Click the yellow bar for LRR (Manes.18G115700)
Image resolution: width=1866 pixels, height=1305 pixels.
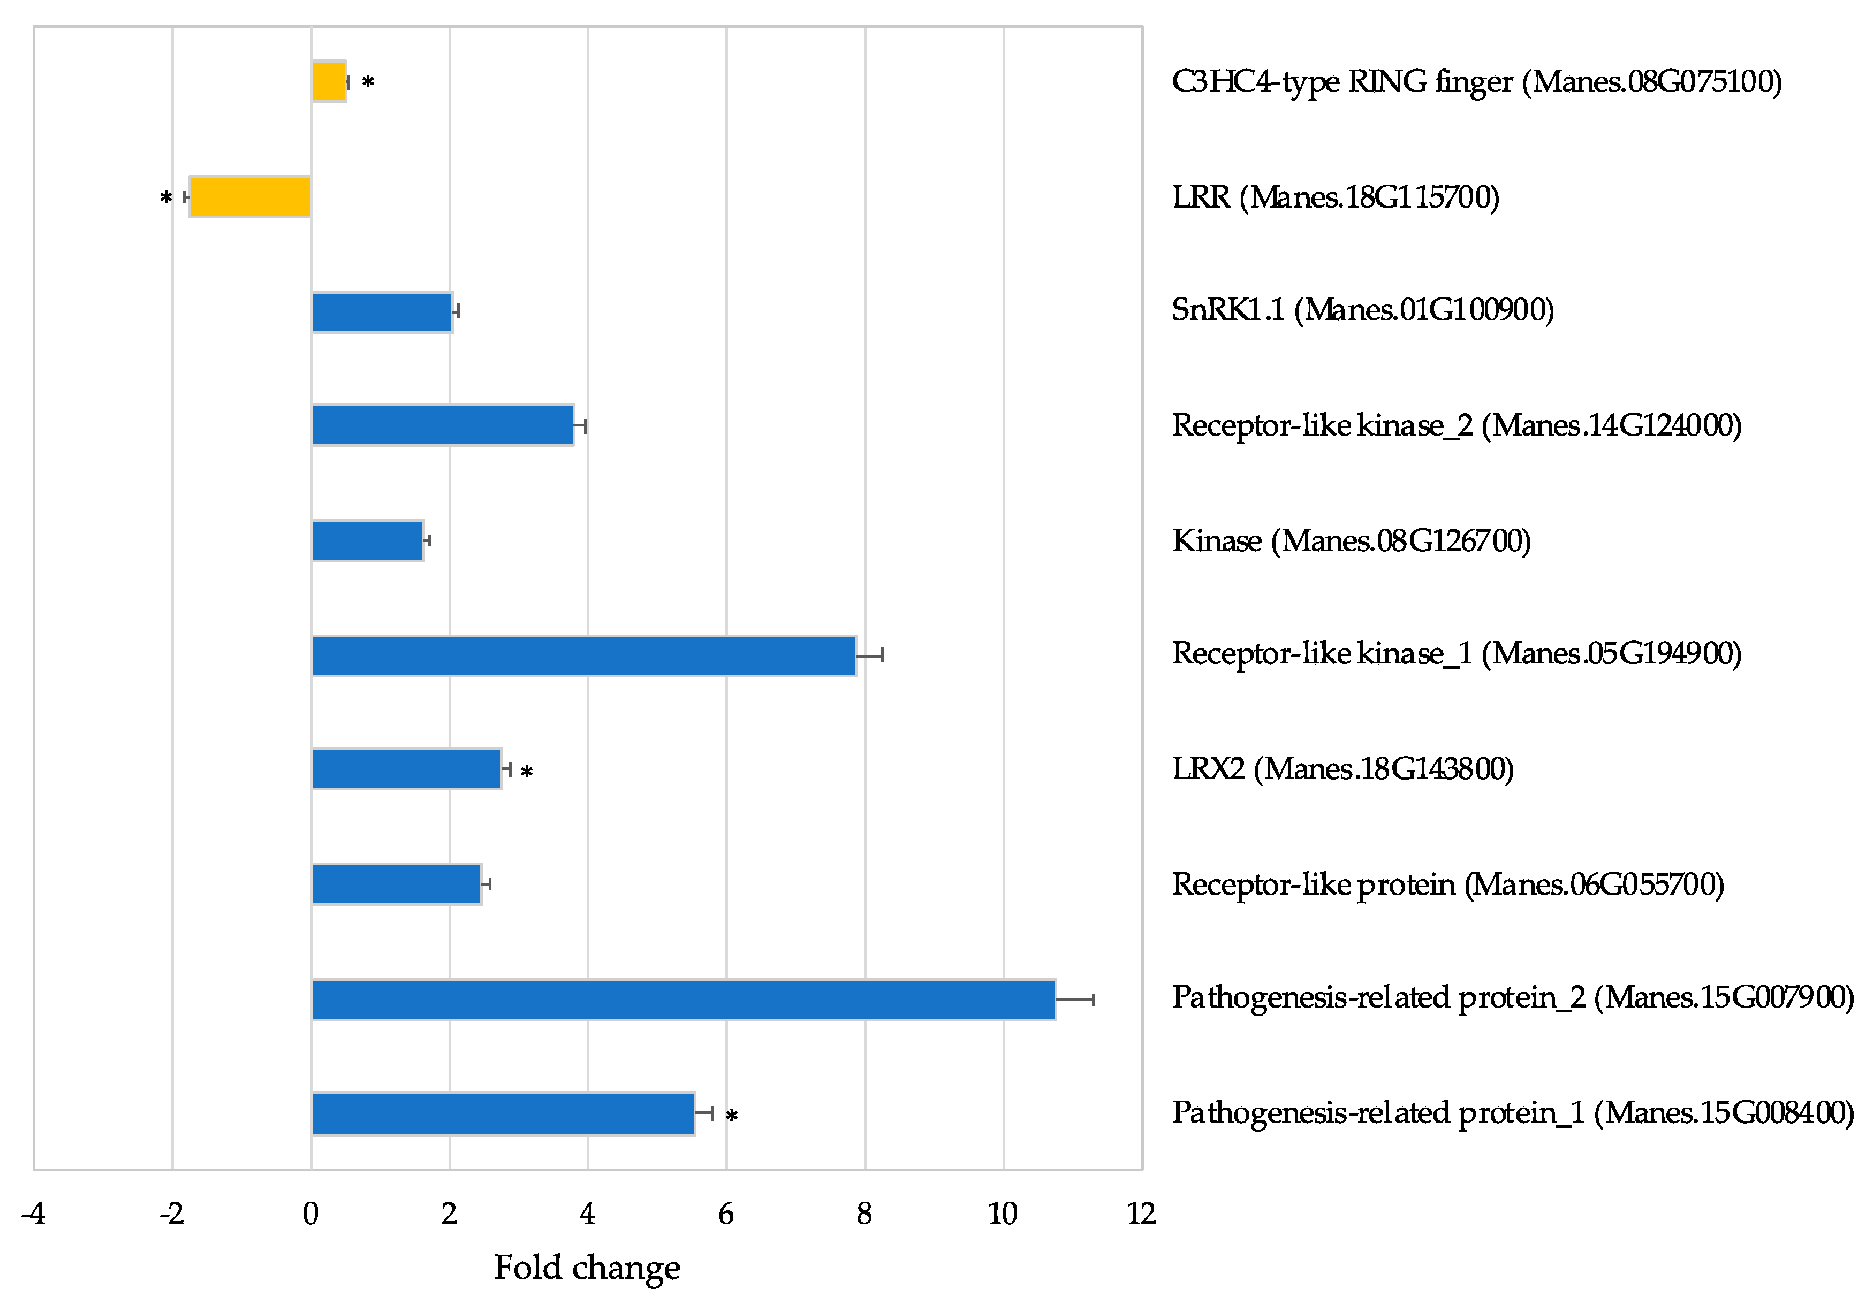click(x=249, y=197)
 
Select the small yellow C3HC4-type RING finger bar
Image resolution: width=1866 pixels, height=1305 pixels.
click(x=328, y=81)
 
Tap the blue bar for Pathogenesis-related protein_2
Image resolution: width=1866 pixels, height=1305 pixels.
click(x=682, y=999)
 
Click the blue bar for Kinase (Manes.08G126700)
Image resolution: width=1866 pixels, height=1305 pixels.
click(x=367, y=540)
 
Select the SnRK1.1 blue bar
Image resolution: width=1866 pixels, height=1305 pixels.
click(x=381, y=312)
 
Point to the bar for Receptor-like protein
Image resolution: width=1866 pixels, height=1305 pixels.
click(x=396, y=884)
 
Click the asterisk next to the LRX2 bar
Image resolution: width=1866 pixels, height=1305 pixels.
click(x=527, y=772)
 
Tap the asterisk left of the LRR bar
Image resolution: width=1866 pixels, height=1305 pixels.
click(x=166, y=197)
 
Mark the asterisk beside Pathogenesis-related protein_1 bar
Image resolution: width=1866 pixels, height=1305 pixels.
click(x=731, y=1116)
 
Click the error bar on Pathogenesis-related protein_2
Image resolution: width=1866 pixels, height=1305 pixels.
click(x=1074, y=999)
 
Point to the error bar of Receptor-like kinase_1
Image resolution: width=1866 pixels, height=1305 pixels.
click(x=870, y=655)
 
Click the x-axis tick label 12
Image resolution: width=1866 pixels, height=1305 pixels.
click(x=1141, y=1214)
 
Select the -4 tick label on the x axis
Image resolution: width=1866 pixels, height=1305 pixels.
click(x=33, y=1214)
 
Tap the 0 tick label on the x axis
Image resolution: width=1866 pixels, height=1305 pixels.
click(x=310, y=1214)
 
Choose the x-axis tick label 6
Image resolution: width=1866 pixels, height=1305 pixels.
click(x=726, y=1214)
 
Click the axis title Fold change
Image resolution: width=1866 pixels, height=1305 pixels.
click(x=587, y=1268)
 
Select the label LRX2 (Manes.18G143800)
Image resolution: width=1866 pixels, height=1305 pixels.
click(x=1342, y=769)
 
